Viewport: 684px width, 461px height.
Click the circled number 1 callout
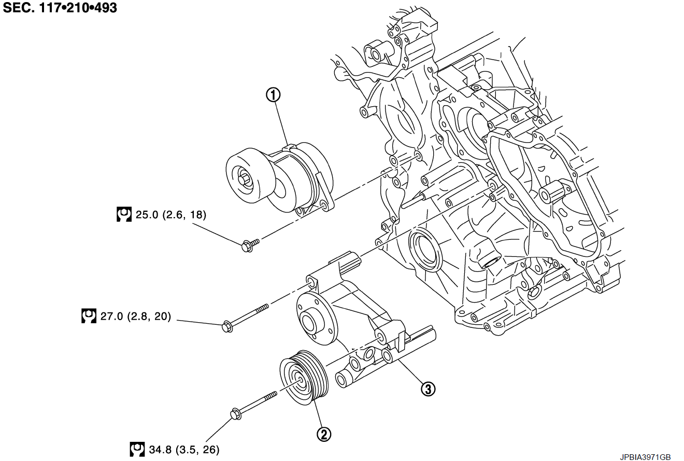coord(273,95)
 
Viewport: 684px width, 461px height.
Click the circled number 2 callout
coord(324,434)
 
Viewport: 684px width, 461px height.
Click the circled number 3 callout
coord(427,389)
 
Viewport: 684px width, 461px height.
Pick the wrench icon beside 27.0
coord(89,316)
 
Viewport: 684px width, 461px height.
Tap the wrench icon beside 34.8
coord(137,449)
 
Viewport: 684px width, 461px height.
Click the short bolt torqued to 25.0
coord(248,244)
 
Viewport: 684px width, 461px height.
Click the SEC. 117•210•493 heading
coord(60,8)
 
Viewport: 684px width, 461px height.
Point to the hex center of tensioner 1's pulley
coord(245,181)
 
